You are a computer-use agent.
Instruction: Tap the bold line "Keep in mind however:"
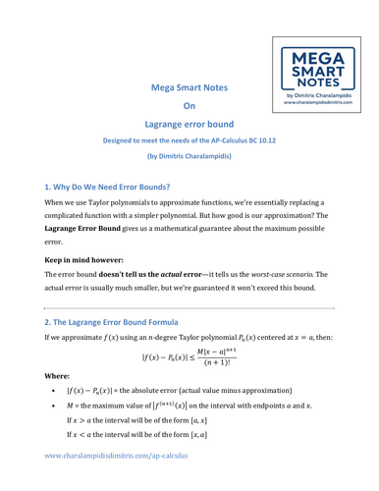89,324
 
